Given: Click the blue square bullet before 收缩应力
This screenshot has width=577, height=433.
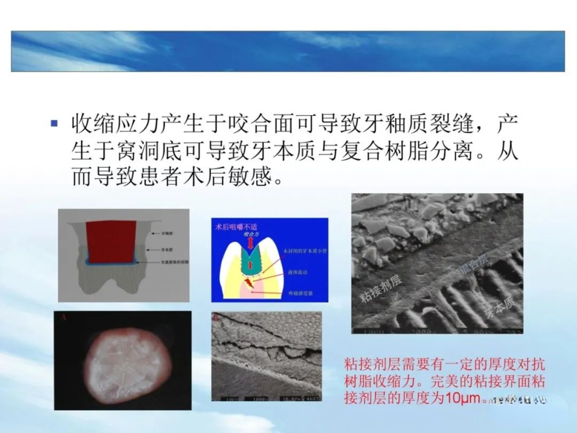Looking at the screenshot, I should coord(53,123).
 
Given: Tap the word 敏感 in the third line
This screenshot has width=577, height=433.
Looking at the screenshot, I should coord(246,177).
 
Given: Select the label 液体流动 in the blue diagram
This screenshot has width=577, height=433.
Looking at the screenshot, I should coord(298,273).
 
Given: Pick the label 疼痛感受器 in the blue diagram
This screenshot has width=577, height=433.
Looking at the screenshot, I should coord(299,293).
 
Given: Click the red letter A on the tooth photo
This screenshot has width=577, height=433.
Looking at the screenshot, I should coord(64,317).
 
